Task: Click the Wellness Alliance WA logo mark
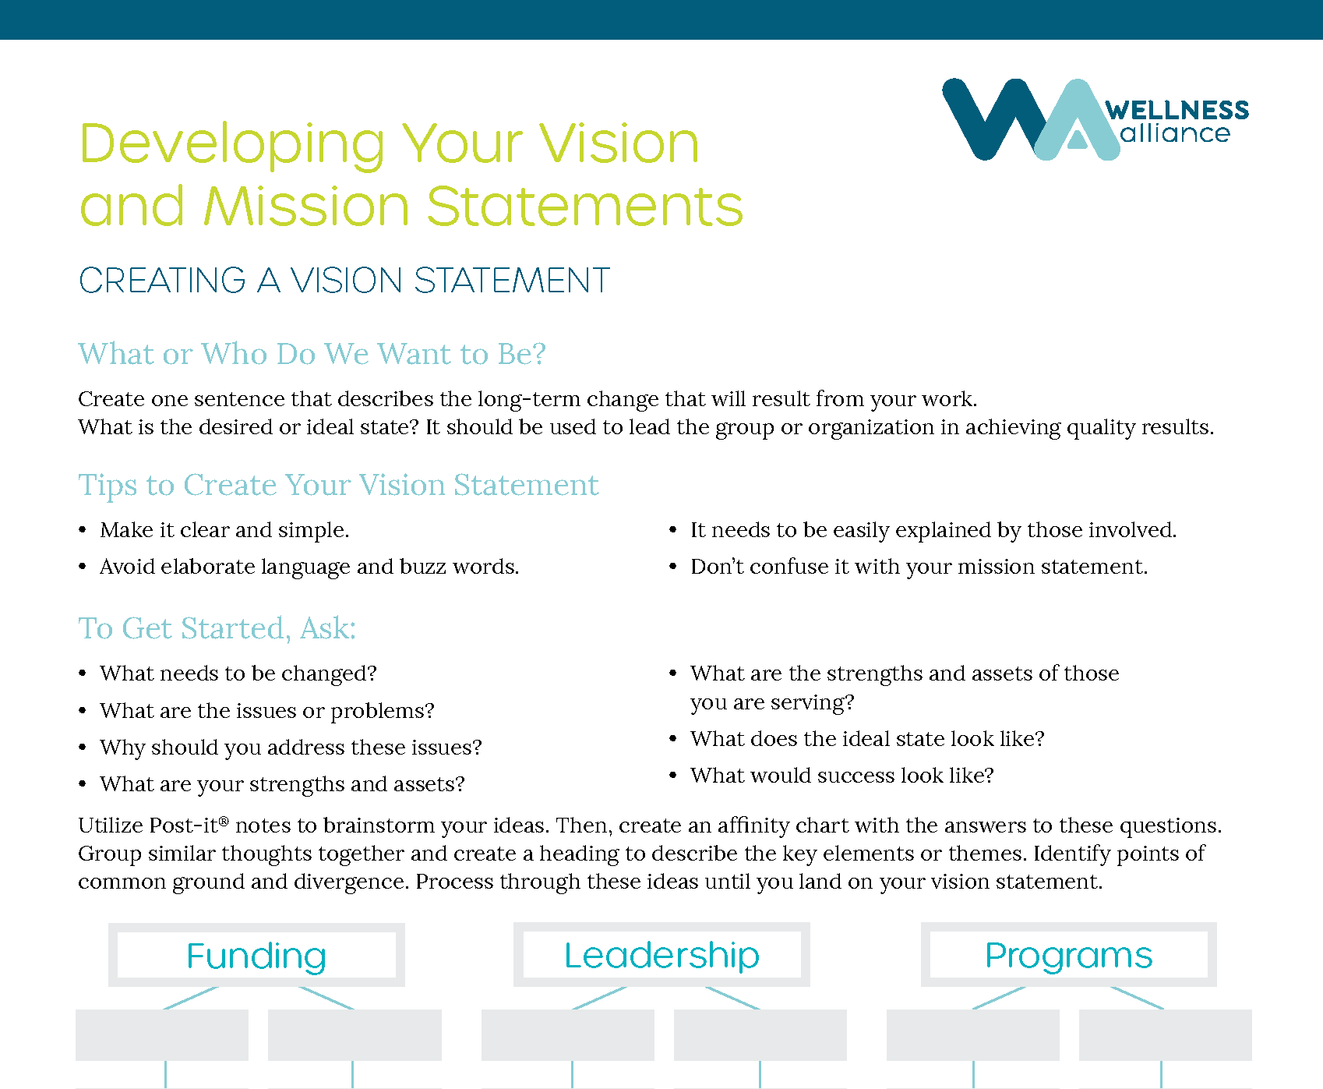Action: point(1028,121)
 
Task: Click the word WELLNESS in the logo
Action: point(1177,110)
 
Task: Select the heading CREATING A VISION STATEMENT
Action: point(344,281)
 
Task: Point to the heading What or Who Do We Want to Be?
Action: point(312,354)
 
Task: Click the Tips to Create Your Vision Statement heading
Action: point(338,485)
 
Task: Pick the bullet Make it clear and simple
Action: point(224,530)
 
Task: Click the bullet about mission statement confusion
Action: point(919,567)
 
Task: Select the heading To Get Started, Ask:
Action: point(217,628)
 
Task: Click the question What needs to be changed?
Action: point(238,674)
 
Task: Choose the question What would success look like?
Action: point(841,776)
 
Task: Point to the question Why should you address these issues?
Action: point(291,748)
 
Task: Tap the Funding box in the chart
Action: point(256,955)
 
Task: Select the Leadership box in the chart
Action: point(661,955)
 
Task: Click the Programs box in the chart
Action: point(1068,955)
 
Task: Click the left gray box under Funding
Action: point(162,1035)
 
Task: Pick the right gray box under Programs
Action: point(1165,1035)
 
